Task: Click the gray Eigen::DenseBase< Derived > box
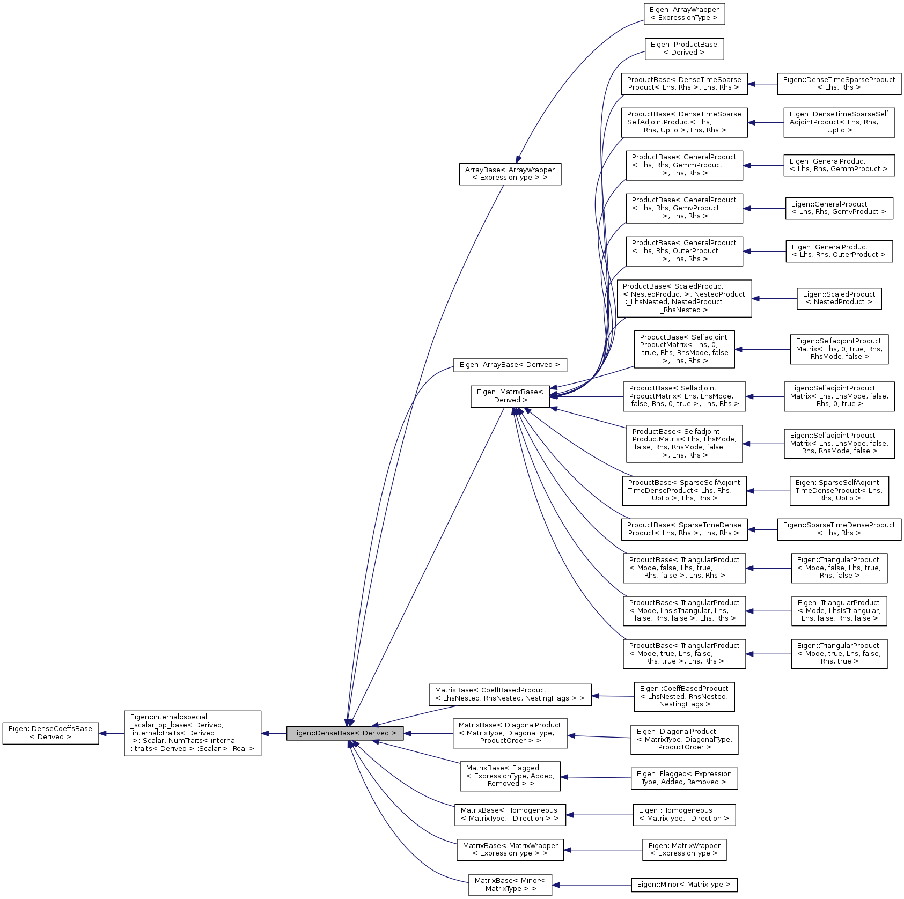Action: [x=344, y=733]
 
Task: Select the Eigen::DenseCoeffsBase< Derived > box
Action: [x=50, y=733]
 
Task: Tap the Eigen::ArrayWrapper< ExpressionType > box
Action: [x=684, y=14]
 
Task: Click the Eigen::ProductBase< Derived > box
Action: [x=684, y=49]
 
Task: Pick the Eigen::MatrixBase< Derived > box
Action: [x=510, y=396]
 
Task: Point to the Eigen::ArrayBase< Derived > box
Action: [x=510, y=365]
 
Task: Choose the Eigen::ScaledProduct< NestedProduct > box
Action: [x=839, y=298]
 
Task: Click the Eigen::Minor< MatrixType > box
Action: [x=684, y=885]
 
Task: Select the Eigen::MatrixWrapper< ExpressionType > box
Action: [x=684, y=850]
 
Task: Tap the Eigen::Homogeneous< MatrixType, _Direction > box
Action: [x=684, y=815]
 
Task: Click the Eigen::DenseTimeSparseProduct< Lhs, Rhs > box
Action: [x=839, y=84]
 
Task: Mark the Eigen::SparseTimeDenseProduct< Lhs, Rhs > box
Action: [x=839, y=529]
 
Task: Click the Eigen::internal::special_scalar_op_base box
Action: [x=193, y=733]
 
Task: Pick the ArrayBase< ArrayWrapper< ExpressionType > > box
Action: [x=510, y=174]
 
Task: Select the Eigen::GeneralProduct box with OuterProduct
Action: [x=839, y=251]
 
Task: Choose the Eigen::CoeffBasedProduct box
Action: [x=684, y=697]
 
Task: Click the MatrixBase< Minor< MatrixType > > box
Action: [x=510, y=885]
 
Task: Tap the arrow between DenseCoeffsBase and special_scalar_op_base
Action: [x=112, y=733]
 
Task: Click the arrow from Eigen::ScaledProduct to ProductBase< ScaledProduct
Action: [x=774, y=299]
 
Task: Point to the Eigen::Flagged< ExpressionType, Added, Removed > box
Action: [x=684, y=778]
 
